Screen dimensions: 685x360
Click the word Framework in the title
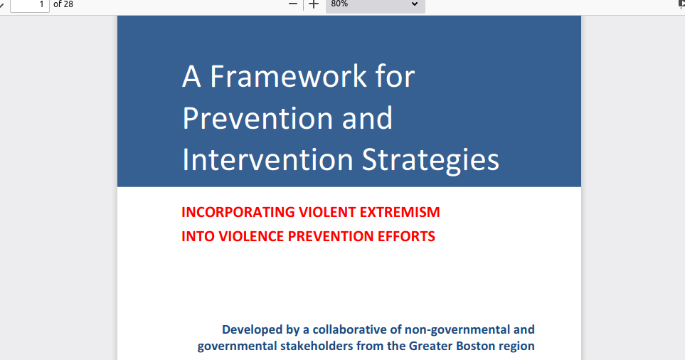289,76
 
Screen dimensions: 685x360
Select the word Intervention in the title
267,159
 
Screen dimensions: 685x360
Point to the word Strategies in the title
431,161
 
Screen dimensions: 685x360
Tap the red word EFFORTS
406,236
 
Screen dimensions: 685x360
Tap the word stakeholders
317,346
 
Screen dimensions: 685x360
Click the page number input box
30,5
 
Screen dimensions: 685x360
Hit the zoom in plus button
314,4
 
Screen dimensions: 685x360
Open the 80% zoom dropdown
376,5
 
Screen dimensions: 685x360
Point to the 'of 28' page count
63,4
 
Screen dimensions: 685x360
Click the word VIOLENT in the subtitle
327,212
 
